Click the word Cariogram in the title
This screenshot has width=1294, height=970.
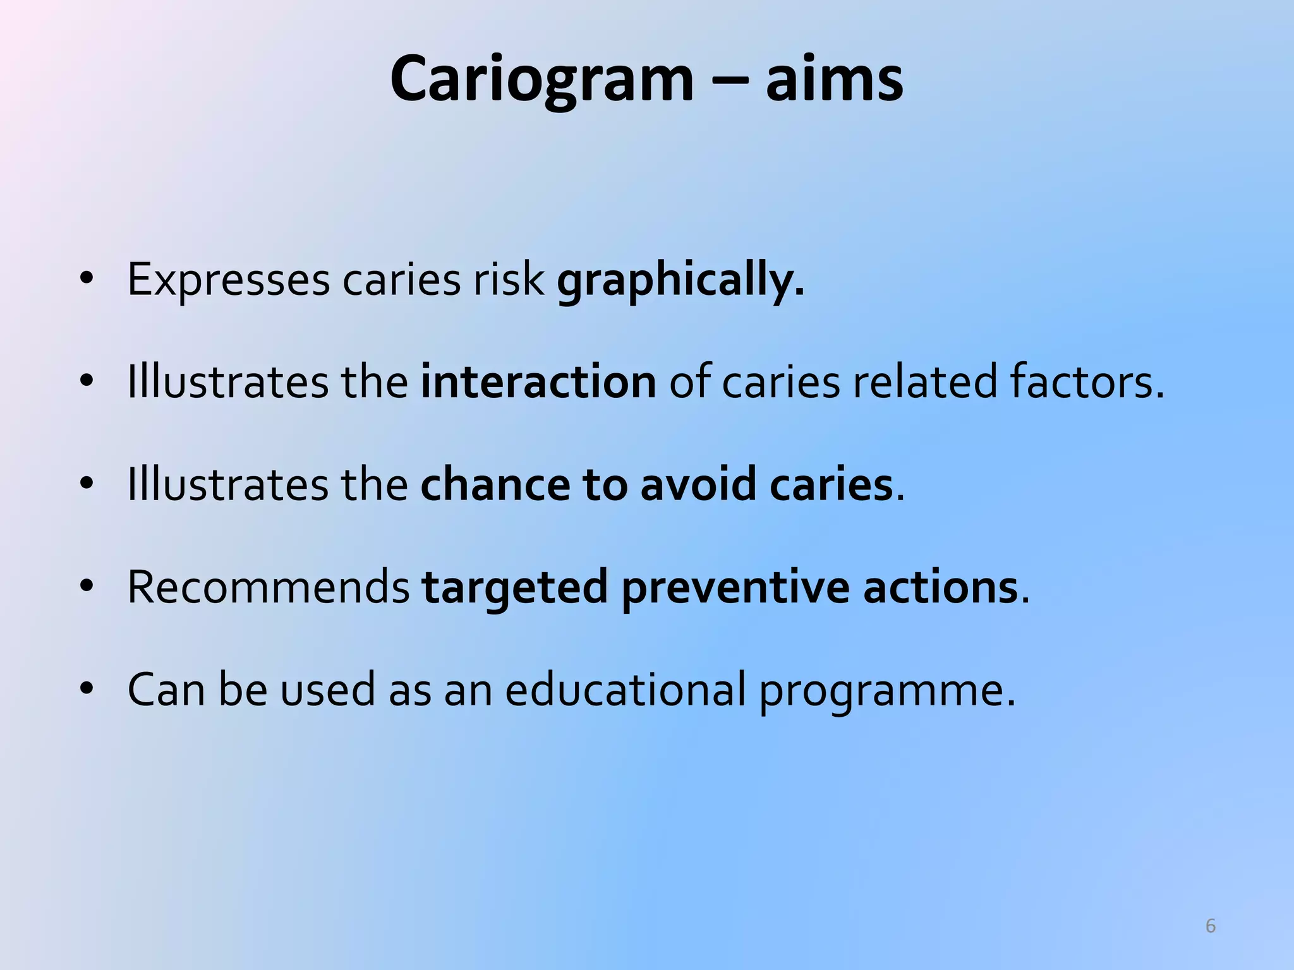click(x=541, y=79)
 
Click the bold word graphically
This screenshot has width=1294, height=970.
click(x=680, y=280)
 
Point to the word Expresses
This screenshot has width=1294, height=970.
click(x=228, y=280)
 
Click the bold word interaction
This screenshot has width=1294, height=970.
click(x=538, y=382)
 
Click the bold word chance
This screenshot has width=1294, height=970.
click(x=495, y=484)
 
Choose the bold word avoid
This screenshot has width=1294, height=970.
click(x=698, y=484)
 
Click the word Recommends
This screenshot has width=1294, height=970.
click(x=269, y=587)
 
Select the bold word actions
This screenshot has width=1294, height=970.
click(x=940, y=587)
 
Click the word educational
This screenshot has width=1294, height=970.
click(x=625, y=690)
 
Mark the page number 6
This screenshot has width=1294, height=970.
click(x=1210, y=926)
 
